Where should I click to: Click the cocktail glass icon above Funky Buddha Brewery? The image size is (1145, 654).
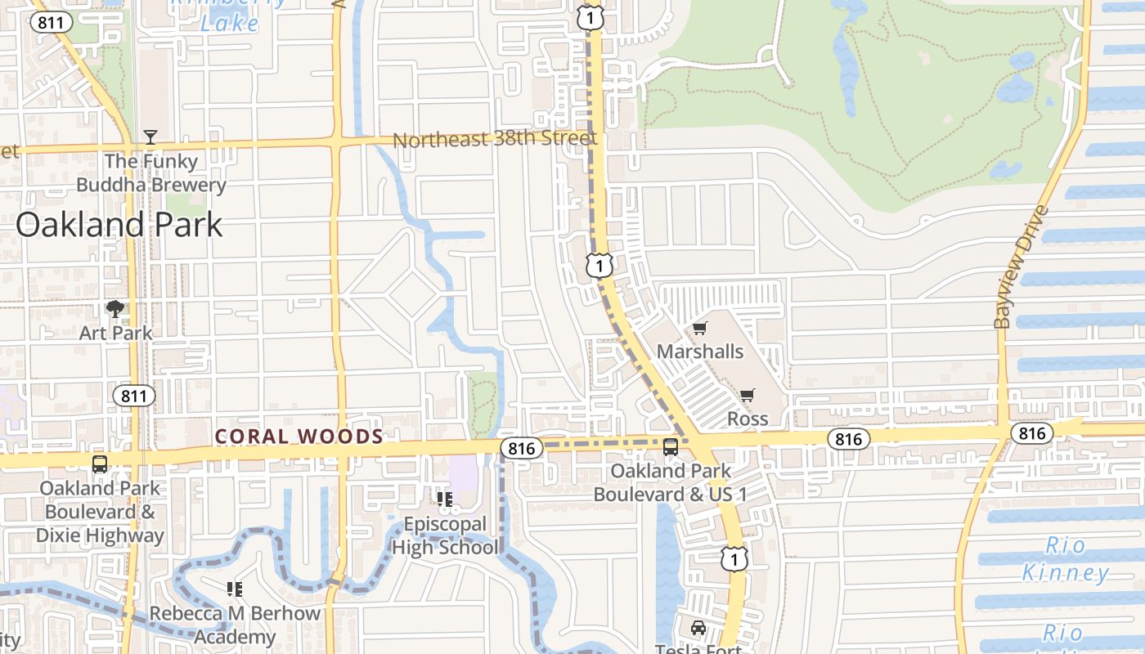(150, 137)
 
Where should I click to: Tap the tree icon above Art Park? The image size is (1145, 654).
(115, 309)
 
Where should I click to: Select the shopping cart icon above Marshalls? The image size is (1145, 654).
(699, 329)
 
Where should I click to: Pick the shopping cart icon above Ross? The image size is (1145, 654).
(747, 396)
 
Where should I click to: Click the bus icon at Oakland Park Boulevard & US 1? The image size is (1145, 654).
(671, 447)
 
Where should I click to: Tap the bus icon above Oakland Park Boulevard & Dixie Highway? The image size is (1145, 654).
(100, 464)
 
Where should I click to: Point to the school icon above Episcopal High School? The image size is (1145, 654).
(444, 499)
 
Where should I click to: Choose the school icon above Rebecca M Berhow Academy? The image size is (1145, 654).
(235, 589)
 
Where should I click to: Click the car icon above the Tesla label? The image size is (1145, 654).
(698, 628)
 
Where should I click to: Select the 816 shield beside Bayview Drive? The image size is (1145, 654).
(1032, 432)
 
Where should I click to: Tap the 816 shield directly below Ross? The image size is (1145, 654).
(849, 439)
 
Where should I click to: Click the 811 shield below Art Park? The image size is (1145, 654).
(133, 396)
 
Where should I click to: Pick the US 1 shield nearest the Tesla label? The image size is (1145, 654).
(734, 558)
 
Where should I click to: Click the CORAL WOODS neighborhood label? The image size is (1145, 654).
(299, 437)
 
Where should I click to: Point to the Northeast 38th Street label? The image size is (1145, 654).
(495, 139)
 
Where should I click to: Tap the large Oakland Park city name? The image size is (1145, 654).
(119, 224)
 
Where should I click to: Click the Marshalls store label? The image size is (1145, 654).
(700, 352)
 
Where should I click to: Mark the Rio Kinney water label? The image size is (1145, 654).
(1066, 559)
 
